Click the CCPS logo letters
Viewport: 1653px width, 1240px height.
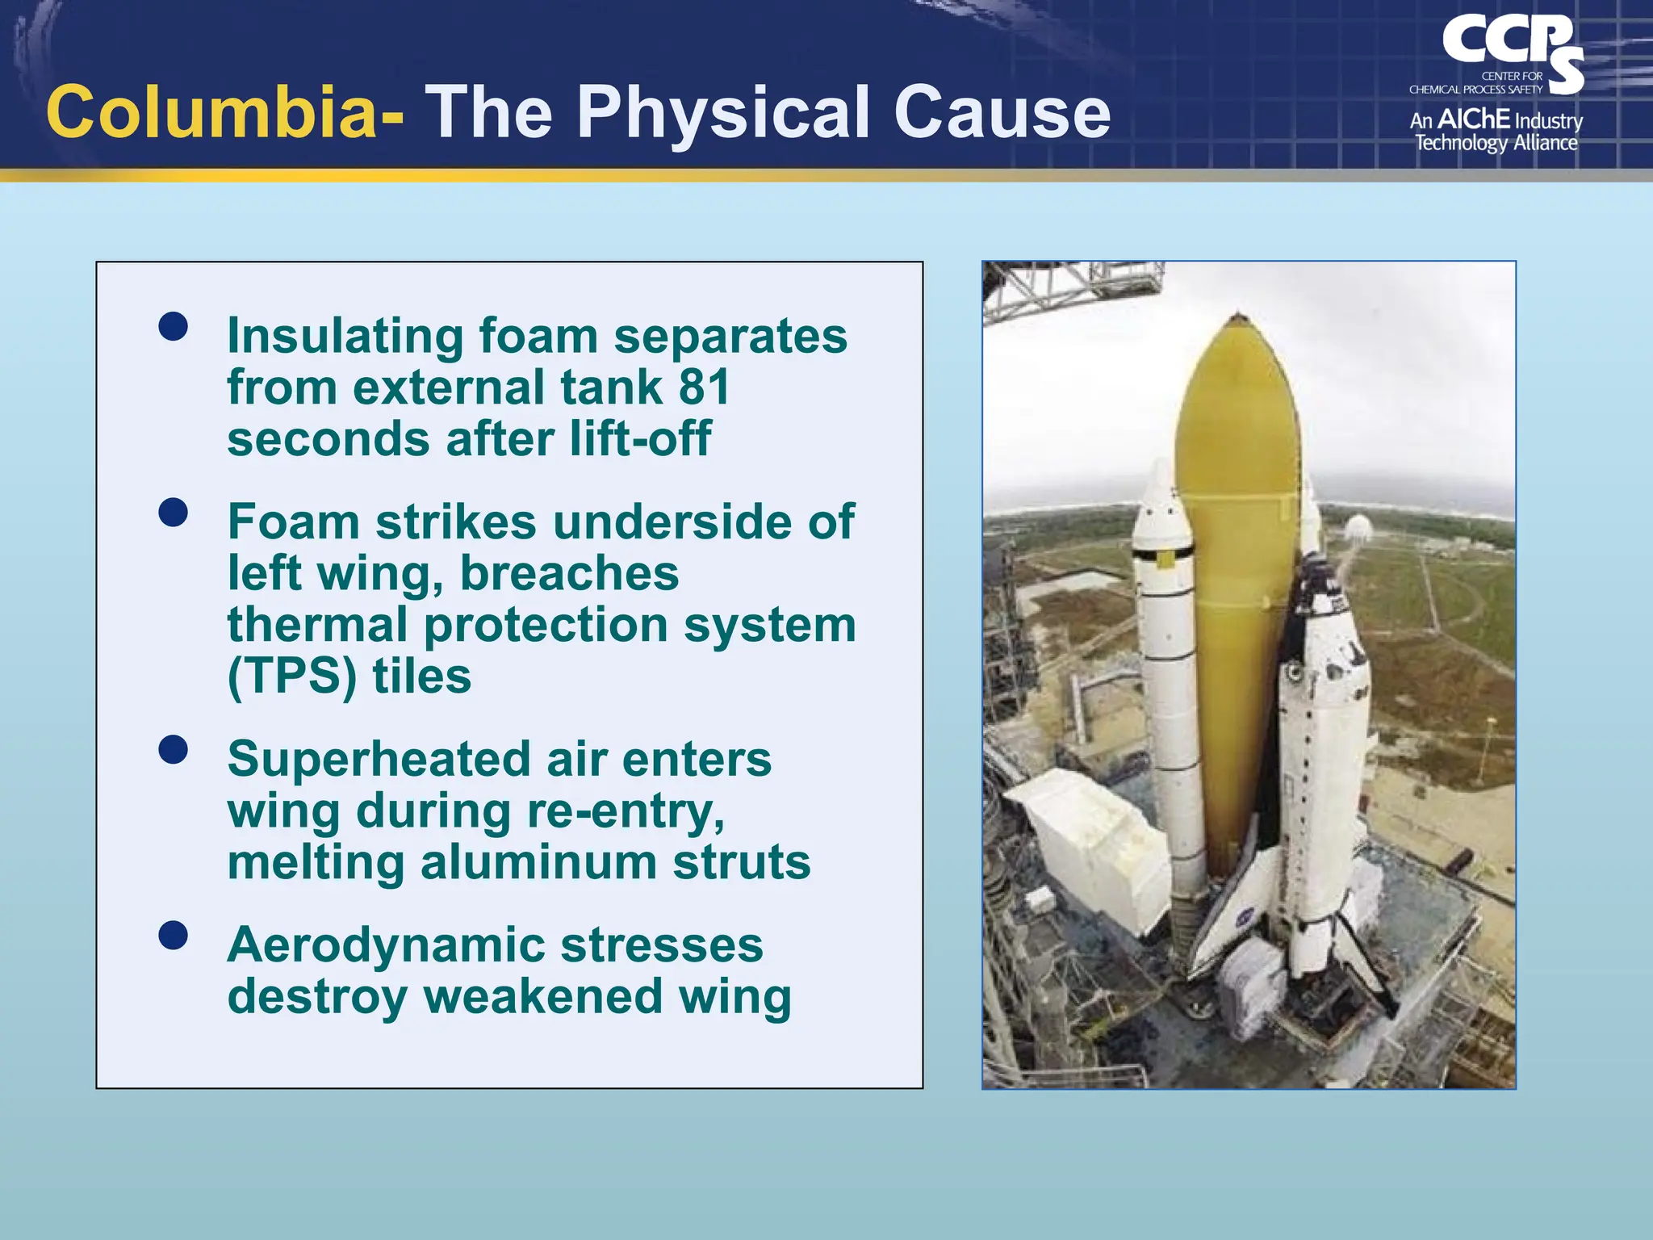click(1510, 44)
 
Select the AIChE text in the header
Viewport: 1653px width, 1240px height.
click(1473, 119)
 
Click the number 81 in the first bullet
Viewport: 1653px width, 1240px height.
click(704, 387)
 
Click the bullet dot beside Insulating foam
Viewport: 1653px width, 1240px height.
click(174, 327)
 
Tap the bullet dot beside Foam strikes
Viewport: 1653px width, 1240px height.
click(174, 513)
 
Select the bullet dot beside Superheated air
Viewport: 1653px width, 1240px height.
click(174, 750)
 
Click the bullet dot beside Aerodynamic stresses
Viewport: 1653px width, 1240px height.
click(174, 936)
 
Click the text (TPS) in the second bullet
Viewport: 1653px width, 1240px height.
click(291, 677)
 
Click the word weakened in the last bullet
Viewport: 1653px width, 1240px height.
click(542, 997)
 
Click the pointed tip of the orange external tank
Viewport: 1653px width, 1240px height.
click(1238, 317)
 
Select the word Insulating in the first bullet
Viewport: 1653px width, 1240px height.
click(345, 336)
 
